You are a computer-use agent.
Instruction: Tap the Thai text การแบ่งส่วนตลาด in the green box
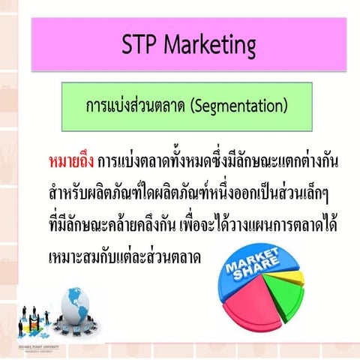136,106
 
